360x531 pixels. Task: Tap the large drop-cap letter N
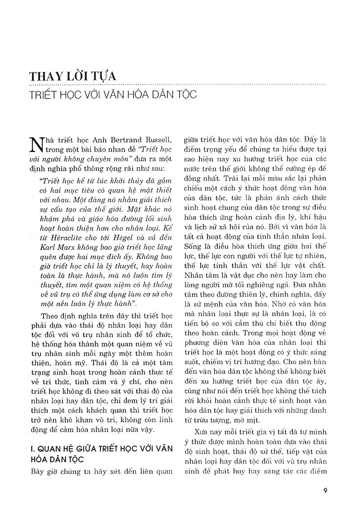[x=37, y=145]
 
